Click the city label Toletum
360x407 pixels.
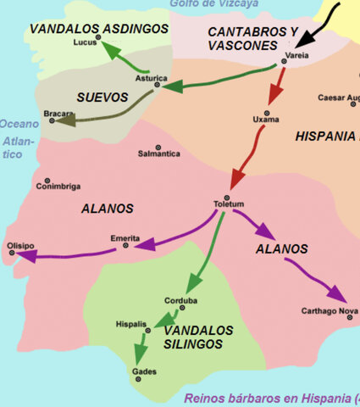coord(229,204)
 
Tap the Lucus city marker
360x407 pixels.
coord(98,38)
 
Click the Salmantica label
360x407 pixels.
coord(159,153)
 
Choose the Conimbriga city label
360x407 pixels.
coord(58,187)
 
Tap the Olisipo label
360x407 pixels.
coord(21,245)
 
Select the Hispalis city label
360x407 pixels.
coord(130,324)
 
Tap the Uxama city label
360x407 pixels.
coord(266,120)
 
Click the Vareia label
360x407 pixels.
coord(297,55)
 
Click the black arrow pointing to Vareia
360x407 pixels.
coord(313,35)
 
